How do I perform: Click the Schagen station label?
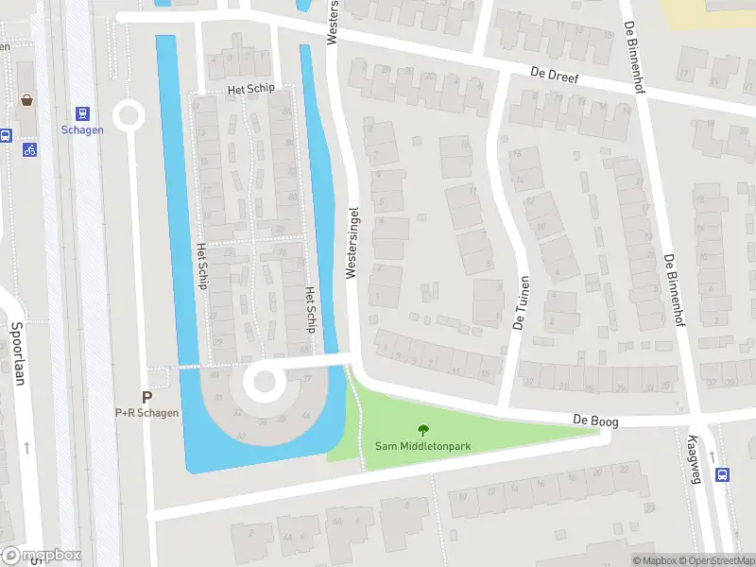point(81,130)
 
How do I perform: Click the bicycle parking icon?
point(29,149)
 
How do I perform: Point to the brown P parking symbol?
point(146,398)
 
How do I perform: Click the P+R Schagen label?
point(146,413)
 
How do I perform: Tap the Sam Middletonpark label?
point(422,446)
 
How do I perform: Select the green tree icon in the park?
point(422,430)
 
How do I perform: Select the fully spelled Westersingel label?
point(352,242)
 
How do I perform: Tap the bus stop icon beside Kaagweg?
point(723,475)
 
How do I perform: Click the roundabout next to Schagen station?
point(128,116)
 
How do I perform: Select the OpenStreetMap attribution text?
point(717,561)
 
